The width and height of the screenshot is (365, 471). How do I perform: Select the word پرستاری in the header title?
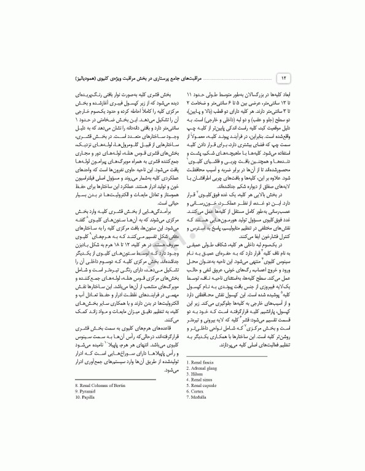pos(209,79)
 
